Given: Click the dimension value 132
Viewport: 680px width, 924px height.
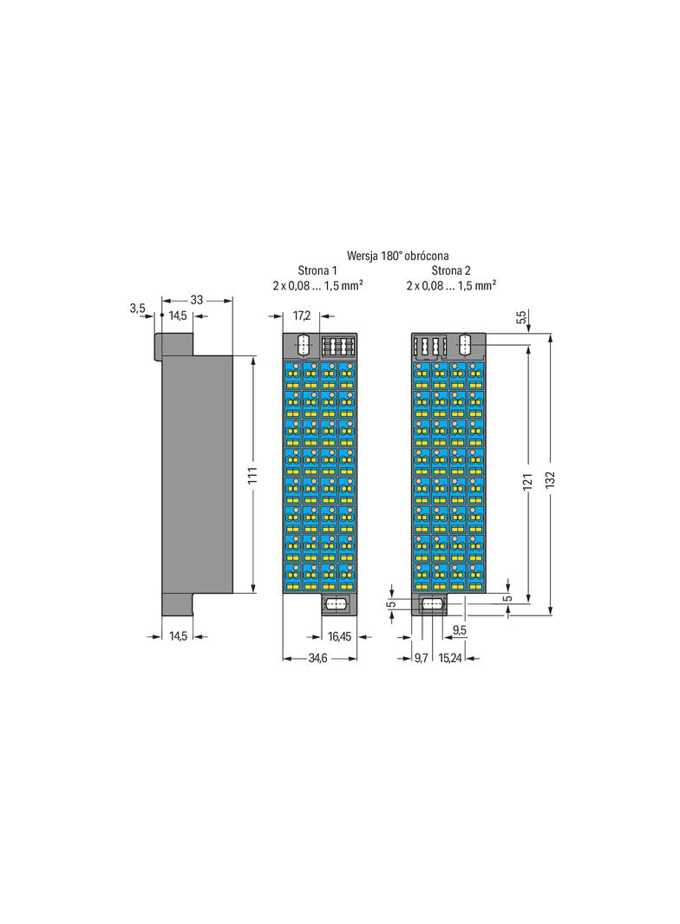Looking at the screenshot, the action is (550, 479).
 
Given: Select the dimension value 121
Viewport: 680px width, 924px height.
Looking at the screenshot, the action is (528, 481).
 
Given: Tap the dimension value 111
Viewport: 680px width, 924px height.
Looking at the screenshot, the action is (252, 475).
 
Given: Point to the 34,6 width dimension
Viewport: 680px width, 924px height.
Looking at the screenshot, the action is (318, 658).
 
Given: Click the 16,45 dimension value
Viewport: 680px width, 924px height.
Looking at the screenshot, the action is (339, 636).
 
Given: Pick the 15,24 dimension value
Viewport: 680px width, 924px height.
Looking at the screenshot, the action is (450, 658).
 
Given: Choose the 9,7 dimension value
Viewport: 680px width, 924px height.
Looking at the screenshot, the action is (421, 658).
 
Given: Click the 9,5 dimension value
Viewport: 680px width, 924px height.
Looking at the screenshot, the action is (460, 630).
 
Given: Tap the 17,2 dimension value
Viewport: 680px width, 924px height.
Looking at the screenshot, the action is (301, 316).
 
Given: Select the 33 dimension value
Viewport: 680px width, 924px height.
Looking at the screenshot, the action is (196, 300).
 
